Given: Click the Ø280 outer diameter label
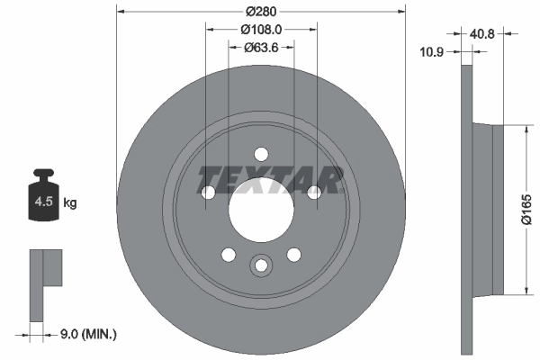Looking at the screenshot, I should (261, 12).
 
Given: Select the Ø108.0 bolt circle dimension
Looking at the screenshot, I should (261, 29).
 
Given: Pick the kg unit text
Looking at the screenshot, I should (70, 203).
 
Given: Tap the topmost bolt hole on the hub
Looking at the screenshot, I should (261, 153).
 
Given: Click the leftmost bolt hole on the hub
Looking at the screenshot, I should (208, 192).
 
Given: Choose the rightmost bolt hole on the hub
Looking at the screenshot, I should (314, 192).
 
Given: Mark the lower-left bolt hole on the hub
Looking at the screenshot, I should (228, 255).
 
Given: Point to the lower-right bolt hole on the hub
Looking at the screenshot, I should (293, 255).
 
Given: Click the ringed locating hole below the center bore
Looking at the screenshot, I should (261, 265).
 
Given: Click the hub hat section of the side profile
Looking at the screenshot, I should (486, 209).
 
